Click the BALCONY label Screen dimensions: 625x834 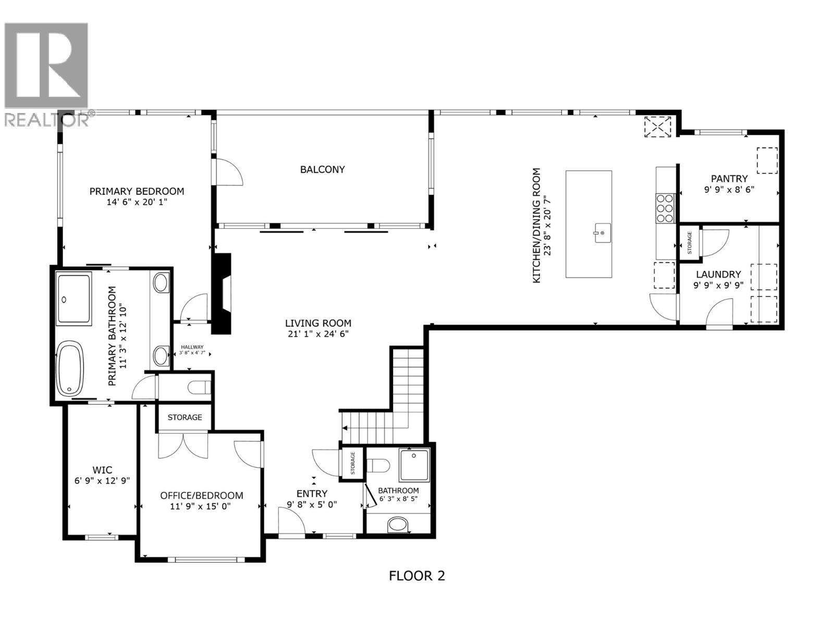[322, 169]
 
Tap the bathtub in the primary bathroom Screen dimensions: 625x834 [70, 368]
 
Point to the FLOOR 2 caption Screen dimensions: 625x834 [417, 576]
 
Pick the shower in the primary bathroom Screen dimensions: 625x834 [73, 298]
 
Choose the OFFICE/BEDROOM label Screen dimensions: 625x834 [202, 495]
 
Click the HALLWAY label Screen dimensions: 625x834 [192, 347]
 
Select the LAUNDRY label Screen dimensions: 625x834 [718, 274]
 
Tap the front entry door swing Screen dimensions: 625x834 [291, 521]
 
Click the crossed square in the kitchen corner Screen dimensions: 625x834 [657, 127]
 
